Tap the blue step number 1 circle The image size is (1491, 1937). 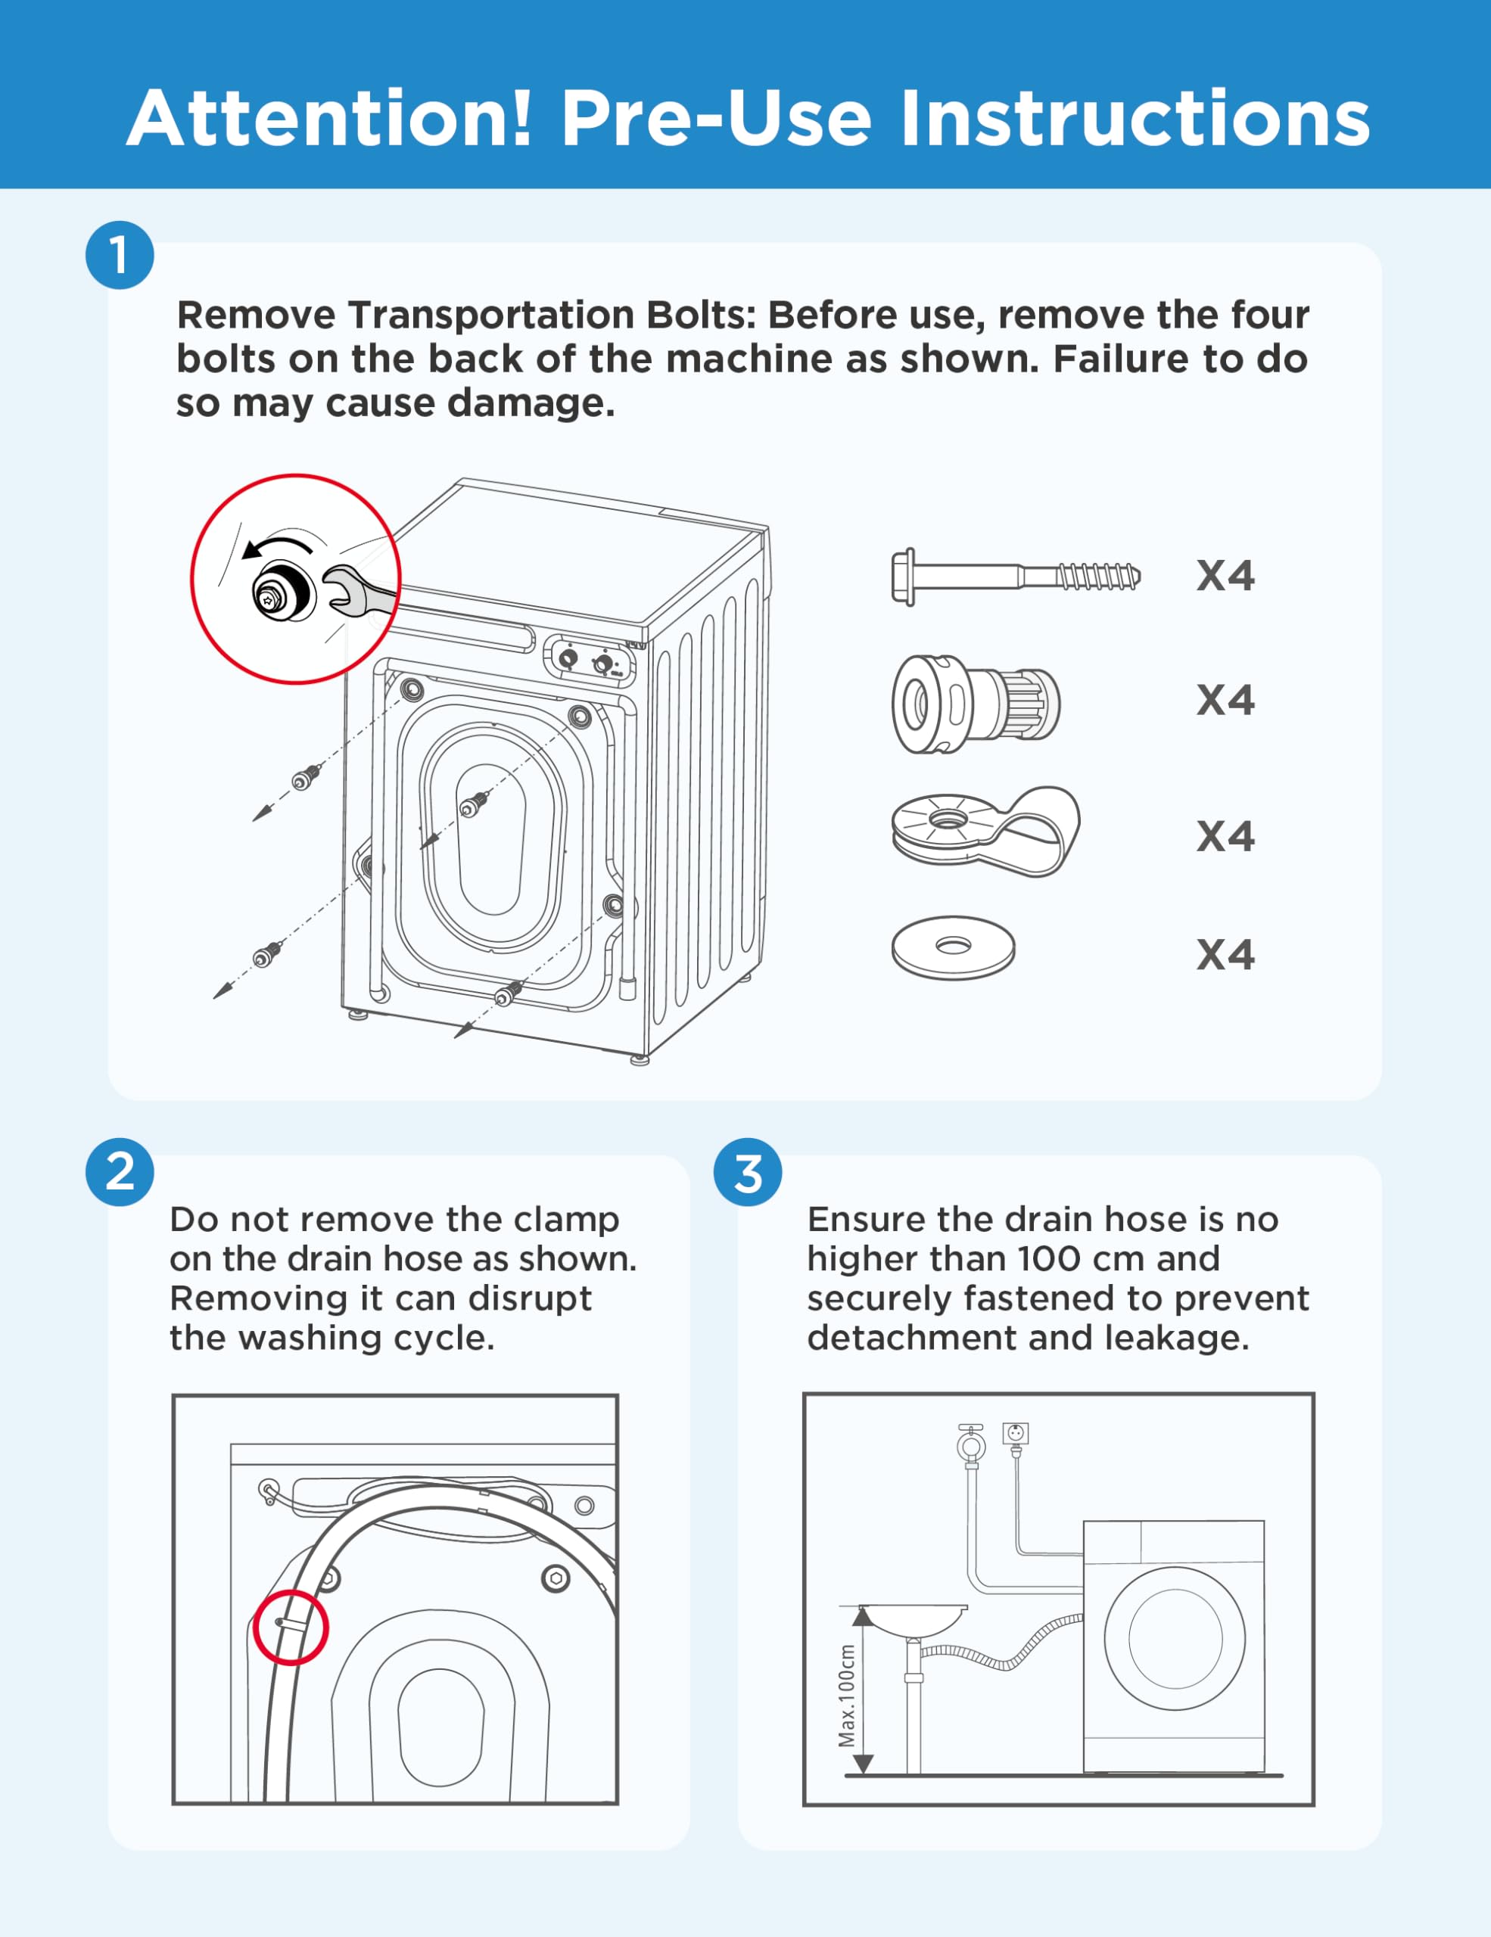[120, 256]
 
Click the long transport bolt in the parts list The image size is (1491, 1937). [1015, 577]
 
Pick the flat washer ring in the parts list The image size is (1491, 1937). [953, 947]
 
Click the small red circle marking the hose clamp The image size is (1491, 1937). [291, 1628]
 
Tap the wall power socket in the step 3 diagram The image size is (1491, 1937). [1016, 1433]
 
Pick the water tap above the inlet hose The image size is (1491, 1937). [971, 1444]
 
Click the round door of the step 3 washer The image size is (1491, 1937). [1175, 1638]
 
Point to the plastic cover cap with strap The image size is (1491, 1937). [985, 831]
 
